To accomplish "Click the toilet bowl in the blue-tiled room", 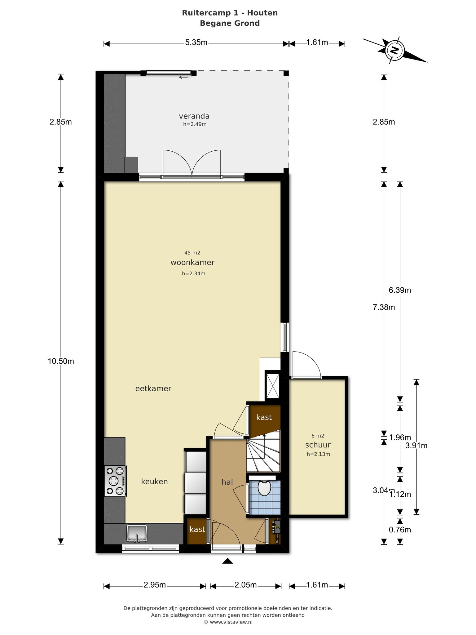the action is pos(264,488).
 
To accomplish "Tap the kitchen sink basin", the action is pos(137,533).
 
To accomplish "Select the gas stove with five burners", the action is pos(115,481).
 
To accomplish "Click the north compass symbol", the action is pos(394,51).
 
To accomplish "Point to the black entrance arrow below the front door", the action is pos(228,561).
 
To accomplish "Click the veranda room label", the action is pos(194,116).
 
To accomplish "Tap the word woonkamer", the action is pos(192,263).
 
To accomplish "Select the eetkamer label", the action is pos(153,389).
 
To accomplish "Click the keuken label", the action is pos(154,482).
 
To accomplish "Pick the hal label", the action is pos(227,482).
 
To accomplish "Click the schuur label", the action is pos(318,445).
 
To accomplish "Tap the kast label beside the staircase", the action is pos(264,417).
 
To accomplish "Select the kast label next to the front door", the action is pos(197,529).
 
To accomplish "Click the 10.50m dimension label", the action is pos(61,361).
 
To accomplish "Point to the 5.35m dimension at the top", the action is pos(196,42).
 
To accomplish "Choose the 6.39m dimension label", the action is pos(400,290).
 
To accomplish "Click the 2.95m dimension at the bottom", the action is pos(155,585).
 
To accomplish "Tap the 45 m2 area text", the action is pos(192,253).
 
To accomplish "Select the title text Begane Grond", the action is pos(230,23).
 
